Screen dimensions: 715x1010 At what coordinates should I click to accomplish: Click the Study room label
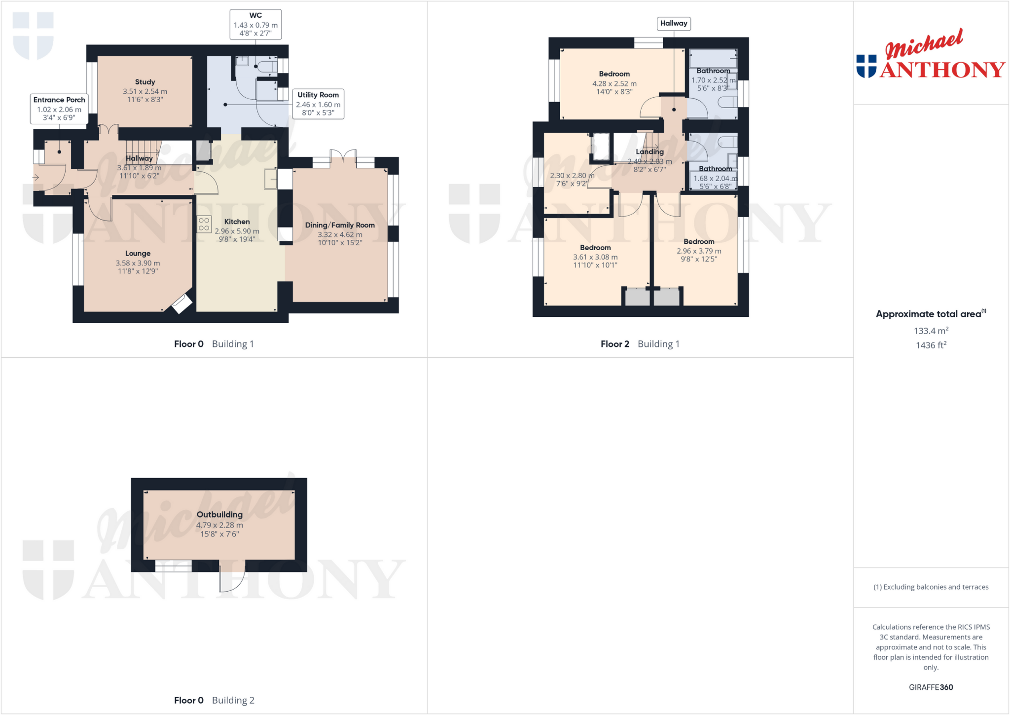point(145,82)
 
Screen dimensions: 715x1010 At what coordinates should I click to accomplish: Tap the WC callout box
point(255,24)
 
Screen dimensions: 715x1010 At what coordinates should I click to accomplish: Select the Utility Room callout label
point(318,104)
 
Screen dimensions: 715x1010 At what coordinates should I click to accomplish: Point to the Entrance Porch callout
point(59,109)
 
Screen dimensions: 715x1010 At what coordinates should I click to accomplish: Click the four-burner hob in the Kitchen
point(204,224)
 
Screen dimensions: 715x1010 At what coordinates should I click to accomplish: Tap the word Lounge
point(138,253)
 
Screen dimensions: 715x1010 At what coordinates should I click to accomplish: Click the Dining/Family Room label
point(340,225)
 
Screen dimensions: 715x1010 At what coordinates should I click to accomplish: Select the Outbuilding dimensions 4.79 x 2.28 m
point(219,525)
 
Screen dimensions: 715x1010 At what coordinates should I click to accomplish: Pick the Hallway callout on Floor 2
point(674,23)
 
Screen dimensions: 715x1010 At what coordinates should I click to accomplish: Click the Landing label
point(649,151)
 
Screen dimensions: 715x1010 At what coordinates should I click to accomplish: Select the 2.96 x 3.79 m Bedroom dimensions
point(699,251)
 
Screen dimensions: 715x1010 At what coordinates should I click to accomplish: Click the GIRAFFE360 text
point(931,687)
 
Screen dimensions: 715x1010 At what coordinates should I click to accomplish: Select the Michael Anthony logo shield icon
point(866,66)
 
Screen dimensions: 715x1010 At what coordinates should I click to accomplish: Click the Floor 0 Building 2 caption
point(214,700)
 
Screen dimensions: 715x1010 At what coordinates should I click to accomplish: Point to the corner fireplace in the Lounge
point(180,303)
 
